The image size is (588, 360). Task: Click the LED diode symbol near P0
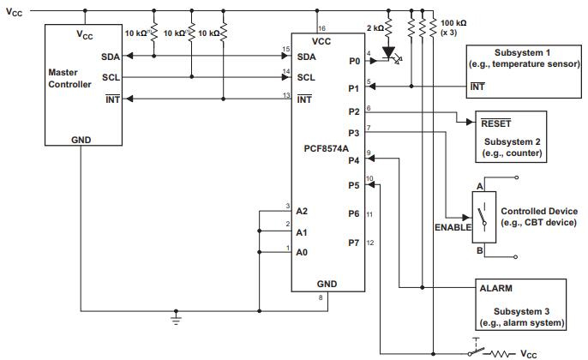[390, 52]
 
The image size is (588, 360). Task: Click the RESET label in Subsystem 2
[497, 123]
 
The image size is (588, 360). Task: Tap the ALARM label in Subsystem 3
[497, 289]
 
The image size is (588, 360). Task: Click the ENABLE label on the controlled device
[452, 228]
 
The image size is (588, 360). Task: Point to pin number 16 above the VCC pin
[321, 28]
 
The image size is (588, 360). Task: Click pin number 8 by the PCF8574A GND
[321, 298]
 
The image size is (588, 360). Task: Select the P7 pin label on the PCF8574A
[353, 243]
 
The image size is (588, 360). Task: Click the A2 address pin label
[301, 210]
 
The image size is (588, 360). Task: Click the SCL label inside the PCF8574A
[305, 76]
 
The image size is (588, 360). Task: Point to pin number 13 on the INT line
[286, 94]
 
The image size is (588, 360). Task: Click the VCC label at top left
[15, 13]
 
